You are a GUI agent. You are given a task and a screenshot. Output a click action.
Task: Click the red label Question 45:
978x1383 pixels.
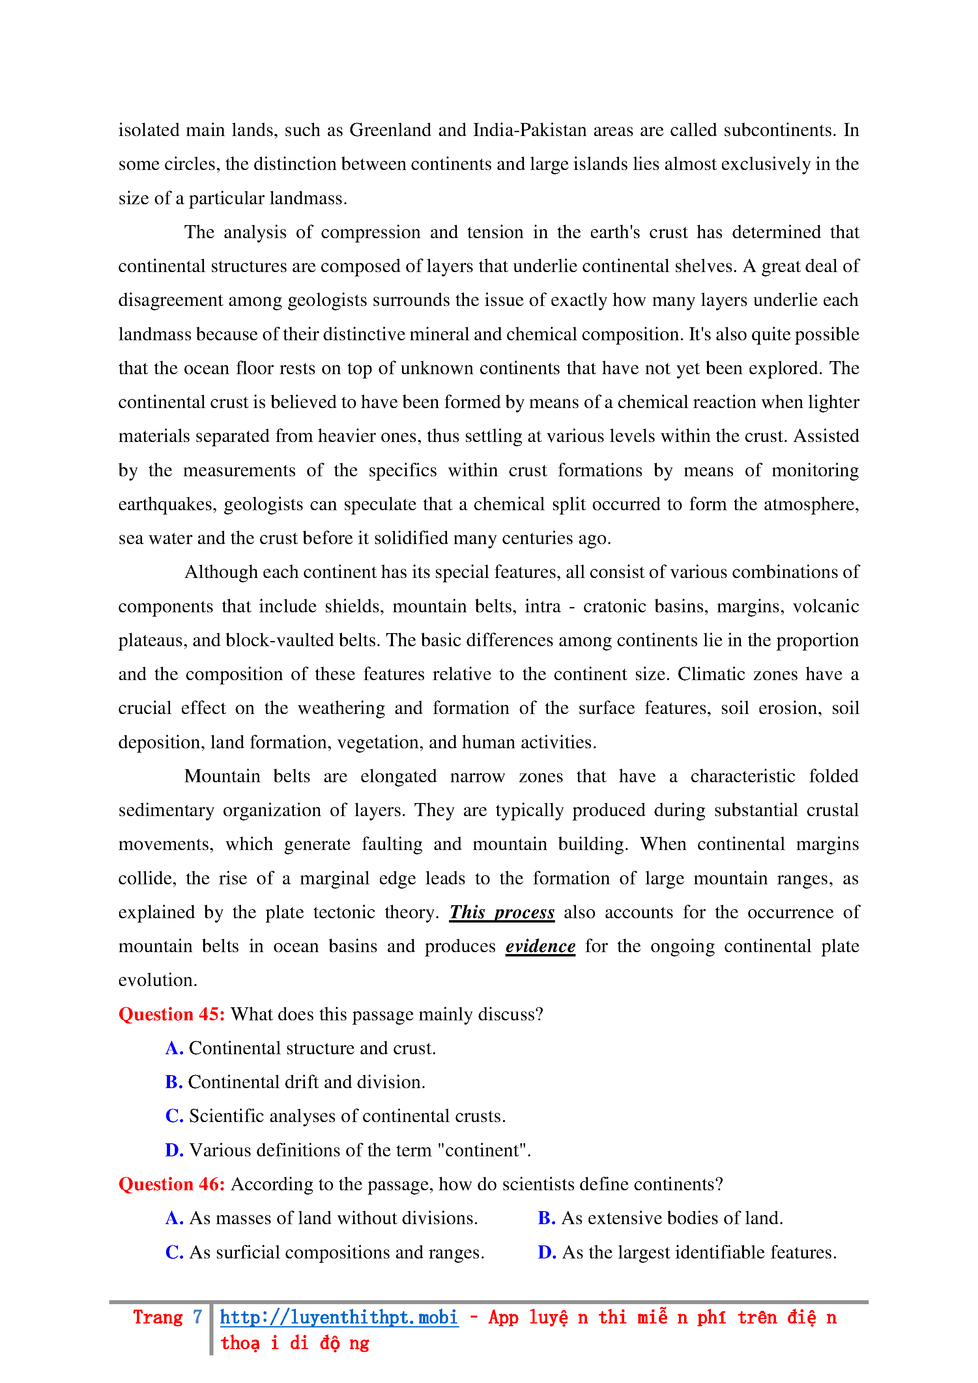point(171,1014)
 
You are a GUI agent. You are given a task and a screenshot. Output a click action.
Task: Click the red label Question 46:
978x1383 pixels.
point(171,1184)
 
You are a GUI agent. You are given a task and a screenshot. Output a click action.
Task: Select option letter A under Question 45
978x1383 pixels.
point(174,1048)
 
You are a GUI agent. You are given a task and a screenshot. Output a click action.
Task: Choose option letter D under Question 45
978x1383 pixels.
point(174,1150)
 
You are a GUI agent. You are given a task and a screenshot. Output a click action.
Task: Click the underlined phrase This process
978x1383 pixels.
point(501,913)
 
